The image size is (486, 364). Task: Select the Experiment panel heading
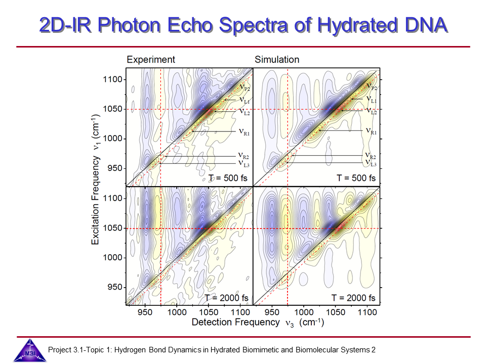151,60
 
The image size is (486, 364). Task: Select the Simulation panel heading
277,60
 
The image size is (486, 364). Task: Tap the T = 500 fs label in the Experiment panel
228,178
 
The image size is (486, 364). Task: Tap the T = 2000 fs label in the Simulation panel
353,298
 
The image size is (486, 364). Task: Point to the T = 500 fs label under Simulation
356,178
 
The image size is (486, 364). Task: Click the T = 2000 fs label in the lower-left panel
226,298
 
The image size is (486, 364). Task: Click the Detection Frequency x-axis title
258,322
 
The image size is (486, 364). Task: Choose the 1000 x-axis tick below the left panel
177,312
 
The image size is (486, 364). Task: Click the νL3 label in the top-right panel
371,163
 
